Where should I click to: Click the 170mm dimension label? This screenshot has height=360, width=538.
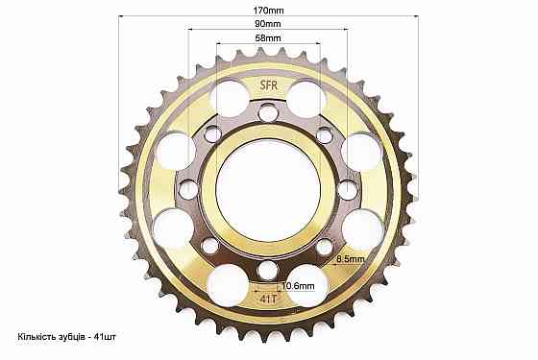tap(268, 11)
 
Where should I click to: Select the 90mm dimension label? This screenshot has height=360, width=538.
tap(268, 24)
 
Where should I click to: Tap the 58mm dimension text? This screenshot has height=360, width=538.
tap(268, 37)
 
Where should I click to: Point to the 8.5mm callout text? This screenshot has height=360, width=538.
tap(351, 259)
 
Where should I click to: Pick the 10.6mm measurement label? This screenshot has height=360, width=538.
tap(298, 285)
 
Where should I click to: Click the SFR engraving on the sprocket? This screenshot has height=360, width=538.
tap(268, 85)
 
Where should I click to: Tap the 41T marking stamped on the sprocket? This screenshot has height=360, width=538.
tap(268, 299)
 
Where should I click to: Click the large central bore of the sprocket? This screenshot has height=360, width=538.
tap(268, 190)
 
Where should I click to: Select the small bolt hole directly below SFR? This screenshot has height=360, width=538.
tap(268, 112)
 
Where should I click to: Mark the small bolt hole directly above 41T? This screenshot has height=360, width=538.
tap(268, 270)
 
